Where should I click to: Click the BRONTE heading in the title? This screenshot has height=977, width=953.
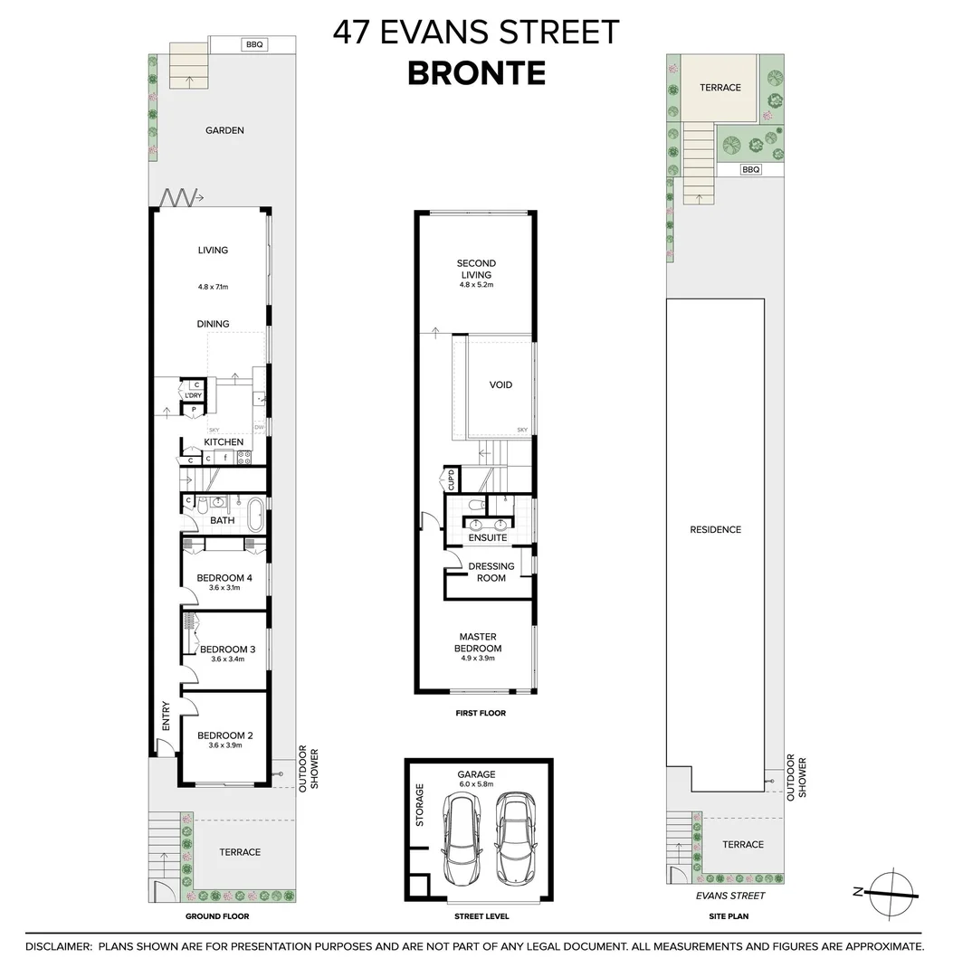click(476, 73)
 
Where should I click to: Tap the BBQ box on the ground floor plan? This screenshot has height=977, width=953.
click(254, 43)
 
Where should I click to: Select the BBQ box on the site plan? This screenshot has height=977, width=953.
click(750, 169)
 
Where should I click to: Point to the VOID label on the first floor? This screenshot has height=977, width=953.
click(500, 384)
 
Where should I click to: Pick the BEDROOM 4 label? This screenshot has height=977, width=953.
click(224, 578)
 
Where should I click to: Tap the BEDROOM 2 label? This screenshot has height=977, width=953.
click(224, 735)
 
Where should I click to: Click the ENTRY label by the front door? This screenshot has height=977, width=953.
click(165, 716)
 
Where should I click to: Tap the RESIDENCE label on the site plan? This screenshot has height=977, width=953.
click(715, 529)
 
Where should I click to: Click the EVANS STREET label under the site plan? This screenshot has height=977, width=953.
click(729, 896)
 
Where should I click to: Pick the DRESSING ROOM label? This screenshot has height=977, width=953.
click(491, 572)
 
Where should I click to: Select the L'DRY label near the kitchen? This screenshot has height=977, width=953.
click(193, 396)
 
